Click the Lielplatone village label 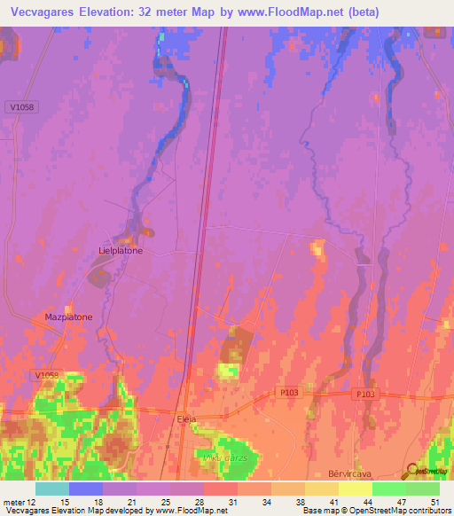[120, 251]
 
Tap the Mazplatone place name [68, 317]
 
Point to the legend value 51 [434, 501]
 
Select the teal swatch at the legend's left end [52, 489]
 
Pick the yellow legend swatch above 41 [321, 489]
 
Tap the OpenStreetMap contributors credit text [395, 511]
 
